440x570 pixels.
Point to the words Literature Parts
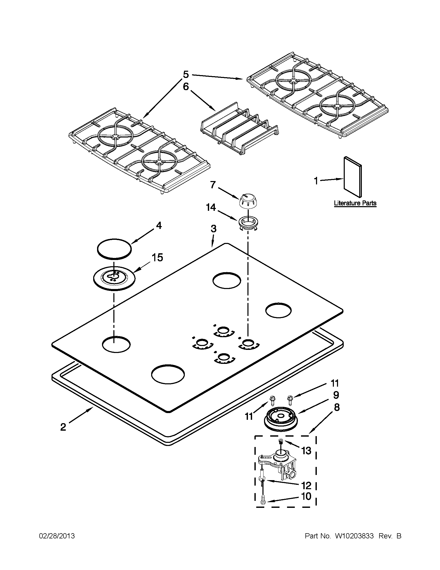point(355,203)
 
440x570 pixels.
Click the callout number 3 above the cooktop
point(213,229)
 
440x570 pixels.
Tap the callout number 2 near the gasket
point(63,427)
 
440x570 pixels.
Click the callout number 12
point(306,485)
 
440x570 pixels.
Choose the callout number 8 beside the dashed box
point(336,407)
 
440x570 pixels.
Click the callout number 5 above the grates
point(185,75)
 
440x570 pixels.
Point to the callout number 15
point(157,257)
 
